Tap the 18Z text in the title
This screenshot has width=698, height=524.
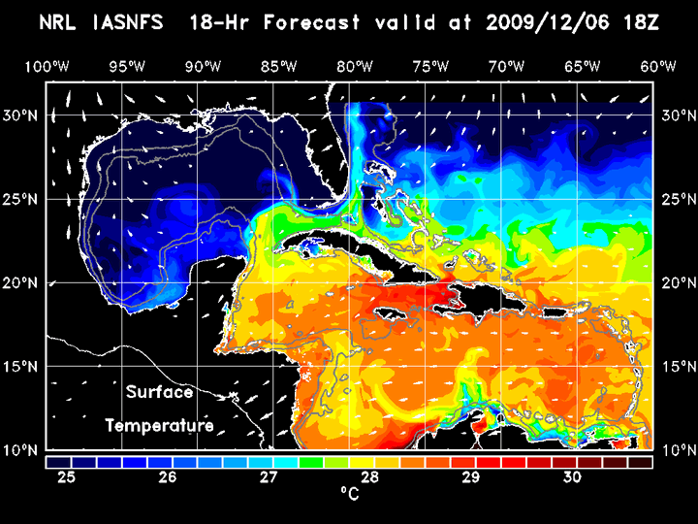[639, 22]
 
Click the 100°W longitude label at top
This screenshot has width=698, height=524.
[46, 66]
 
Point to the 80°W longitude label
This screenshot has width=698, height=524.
[356, 66]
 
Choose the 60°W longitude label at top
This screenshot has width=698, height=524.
[658, 66]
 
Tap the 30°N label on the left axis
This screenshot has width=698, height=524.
[22, 115]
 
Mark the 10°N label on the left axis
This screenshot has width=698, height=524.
[22, 450]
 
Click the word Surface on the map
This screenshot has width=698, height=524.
[160, 393]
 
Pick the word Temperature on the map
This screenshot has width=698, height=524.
[160, 425]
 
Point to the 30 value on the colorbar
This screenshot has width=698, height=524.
[572, 477]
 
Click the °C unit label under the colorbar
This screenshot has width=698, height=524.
[349, 496]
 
